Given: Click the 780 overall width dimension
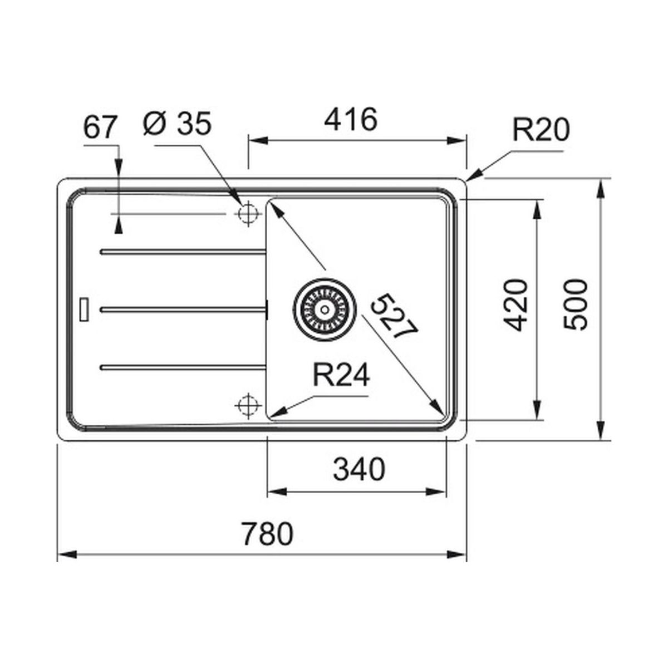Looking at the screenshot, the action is click(267, 534).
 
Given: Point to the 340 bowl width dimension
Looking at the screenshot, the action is click(359, 469).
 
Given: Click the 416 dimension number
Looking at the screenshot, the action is click(351, 119).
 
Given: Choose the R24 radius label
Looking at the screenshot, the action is click(341, 375).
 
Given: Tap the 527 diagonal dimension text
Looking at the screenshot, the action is click(394, 316).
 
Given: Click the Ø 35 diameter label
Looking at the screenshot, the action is click(177, 124).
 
